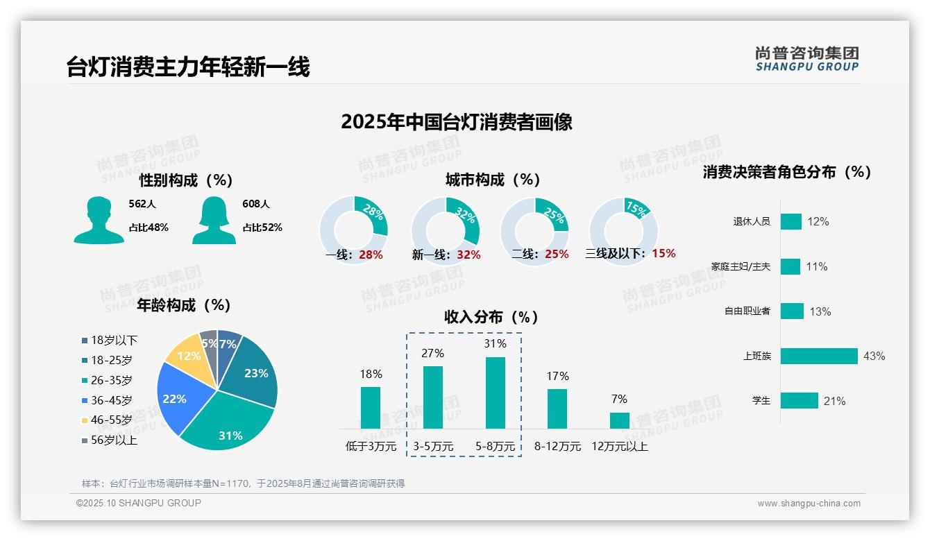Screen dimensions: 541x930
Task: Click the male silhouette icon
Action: tap(99, 220)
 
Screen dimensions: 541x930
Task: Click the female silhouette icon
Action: tap(214, 220)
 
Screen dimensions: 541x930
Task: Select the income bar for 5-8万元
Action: tap(496, 393)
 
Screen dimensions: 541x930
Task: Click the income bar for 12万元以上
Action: tap(619, 420)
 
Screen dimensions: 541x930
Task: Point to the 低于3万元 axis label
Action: tap(370, 446)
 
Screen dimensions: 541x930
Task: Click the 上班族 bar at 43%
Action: tap(819, 356)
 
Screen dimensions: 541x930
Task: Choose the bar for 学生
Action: tap(799, 401)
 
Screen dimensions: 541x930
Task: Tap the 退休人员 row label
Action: tap(752, 222)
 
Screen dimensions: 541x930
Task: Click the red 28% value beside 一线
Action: tap(371, 255)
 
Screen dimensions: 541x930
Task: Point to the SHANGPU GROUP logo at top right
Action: tap(806, 59)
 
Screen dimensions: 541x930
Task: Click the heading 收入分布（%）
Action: tap(491, 317)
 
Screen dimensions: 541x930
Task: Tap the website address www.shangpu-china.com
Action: tap(809, 504)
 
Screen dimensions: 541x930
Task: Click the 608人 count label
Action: tap(255, 204)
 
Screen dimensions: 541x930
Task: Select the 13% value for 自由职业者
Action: tap(820, 311)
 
